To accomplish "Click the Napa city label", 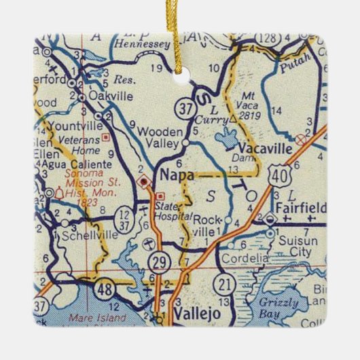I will point(175,175).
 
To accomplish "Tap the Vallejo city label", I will point(195,315).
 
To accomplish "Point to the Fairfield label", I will point(299,207).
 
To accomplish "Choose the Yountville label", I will point(70,126).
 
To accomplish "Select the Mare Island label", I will point(98,316).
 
